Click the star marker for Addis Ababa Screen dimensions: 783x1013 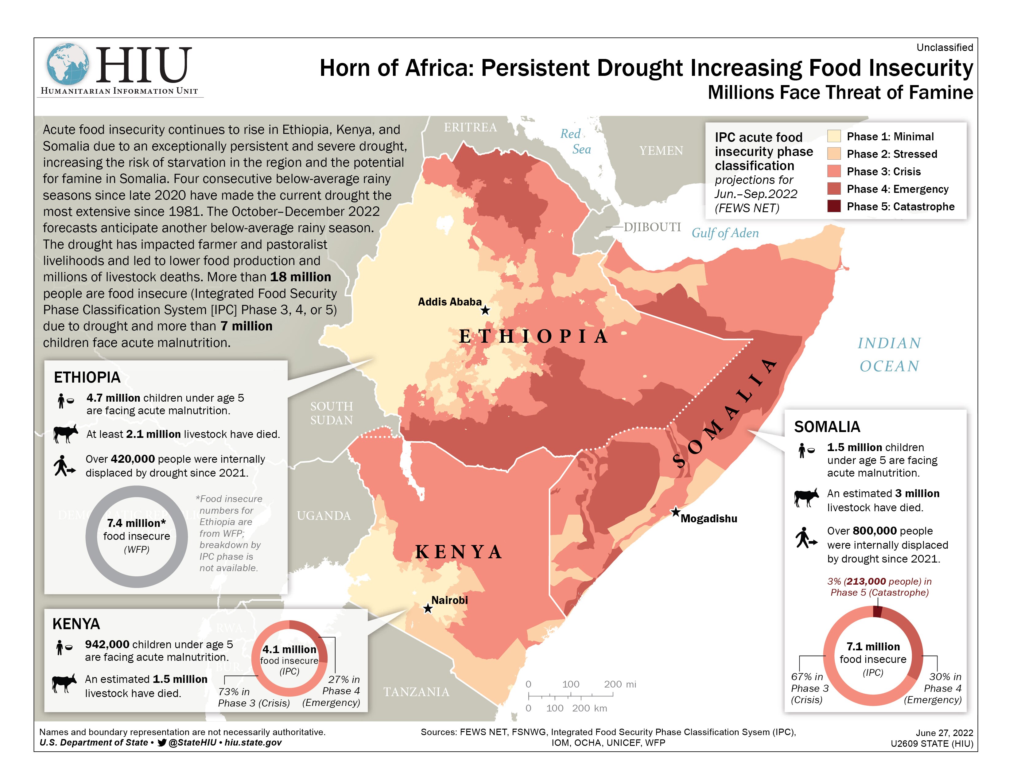tap(485, 310)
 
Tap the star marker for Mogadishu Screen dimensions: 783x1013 tap(676, 512)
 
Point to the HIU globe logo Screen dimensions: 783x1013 tap(68, 64)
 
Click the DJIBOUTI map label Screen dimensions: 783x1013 tap(652, 227)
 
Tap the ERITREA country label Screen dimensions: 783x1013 tap(470, 127)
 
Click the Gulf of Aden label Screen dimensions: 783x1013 tap(725, 233)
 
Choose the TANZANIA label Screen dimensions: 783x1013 tap(416, 691)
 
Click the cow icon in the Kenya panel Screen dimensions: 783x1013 tap(64, 683)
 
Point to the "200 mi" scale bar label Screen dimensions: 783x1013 tap(620, 684)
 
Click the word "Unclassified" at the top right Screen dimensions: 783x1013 tap(944, 47)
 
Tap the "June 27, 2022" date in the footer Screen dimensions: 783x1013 tap(944, 732)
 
